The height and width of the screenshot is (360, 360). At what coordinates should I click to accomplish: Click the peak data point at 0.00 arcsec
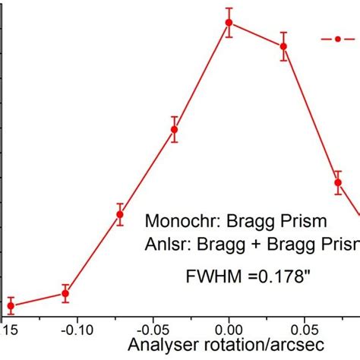click(x=229, y=22)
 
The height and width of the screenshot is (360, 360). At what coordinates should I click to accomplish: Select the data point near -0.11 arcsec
click(x=65, y=293)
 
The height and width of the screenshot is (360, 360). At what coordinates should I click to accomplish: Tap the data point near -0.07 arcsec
click(x=120, y=214)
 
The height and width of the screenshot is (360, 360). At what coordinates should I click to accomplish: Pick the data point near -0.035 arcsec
click(x=174, y=129)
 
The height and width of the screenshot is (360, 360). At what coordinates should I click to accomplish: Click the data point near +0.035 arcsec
click(x=283, y=46)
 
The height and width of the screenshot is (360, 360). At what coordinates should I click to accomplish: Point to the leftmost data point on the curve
click(x=11, y=305)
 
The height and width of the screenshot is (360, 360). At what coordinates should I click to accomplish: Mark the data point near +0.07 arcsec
click(x=338, y=182)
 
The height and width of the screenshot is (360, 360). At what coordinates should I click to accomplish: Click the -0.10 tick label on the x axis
click(x=74, y=330)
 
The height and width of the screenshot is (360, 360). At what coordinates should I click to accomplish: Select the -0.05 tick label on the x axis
click(x=151, y=330)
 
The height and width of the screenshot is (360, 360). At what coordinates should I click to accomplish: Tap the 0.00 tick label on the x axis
click(x=229, y=330)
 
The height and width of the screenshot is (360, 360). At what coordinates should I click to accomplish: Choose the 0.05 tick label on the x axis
click(x=304, y=330)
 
